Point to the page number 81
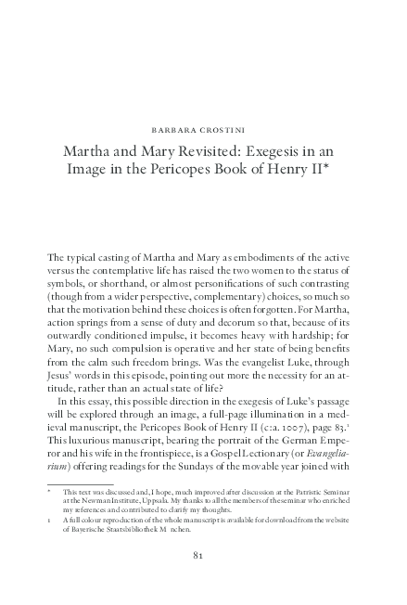click(x=204, y=556)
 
